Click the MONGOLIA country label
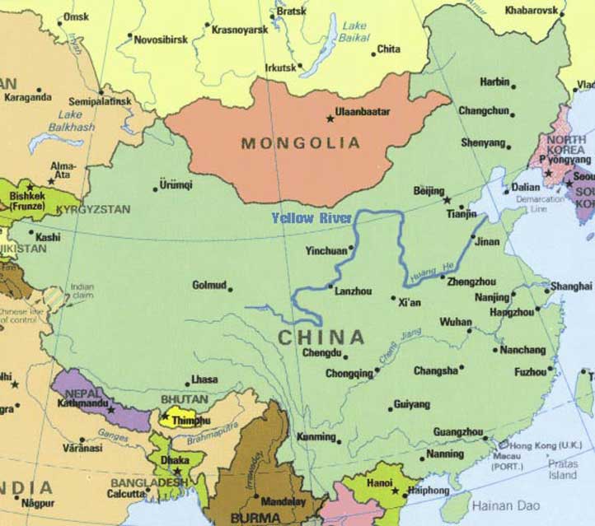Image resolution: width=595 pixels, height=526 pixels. pos(301,143)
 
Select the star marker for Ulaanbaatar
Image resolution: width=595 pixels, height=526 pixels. pos(330,119)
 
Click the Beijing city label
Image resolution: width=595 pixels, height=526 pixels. pos(428,191)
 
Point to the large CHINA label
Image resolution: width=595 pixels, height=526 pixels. pos(321,337)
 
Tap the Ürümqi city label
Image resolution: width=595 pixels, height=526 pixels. pos(176,184)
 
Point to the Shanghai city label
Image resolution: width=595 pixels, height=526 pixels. pos(571,286)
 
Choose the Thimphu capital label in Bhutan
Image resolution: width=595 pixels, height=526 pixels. pos(190,420)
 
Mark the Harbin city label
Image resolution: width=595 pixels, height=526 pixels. pos(495,82)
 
